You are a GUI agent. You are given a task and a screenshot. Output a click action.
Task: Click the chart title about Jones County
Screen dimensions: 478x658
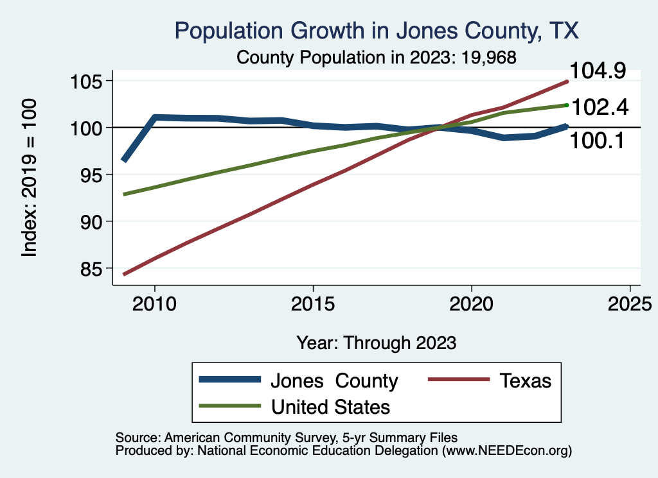tap(377, 31)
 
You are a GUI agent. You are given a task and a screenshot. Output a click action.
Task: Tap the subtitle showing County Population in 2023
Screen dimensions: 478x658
tap(377, 57)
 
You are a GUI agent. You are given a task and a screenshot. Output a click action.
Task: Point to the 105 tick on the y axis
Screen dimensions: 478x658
tap(91, 81)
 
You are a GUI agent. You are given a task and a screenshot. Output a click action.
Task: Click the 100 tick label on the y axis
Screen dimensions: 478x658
tap(91, 128)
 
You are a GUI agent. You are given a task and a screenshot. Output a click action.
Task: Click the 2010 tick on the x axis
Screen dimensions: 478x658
tap(154, 303)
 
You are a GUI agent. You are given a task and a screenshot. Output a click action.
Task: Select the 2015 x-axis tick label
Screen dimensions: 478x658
tap(313, 303)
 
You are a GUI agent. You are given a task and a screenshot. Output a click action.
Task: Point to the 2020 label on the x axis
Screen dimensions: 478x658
tap(472, 303)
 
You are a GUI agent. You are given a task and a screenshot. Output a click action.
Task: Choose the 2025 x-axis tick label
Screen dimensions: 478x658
tap(630, 303)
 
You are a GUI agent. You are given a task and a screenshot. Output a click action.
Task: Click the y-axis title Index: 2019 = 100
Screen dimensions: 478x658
tap(30, 178)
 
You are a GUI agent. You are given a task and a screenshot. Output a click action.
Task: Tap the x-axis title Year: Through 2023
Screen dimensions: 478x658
tap(377, 343)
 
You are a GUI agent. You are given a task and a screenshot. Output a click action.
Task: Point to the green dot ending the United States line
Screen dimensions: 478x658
tap(567, 105)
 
